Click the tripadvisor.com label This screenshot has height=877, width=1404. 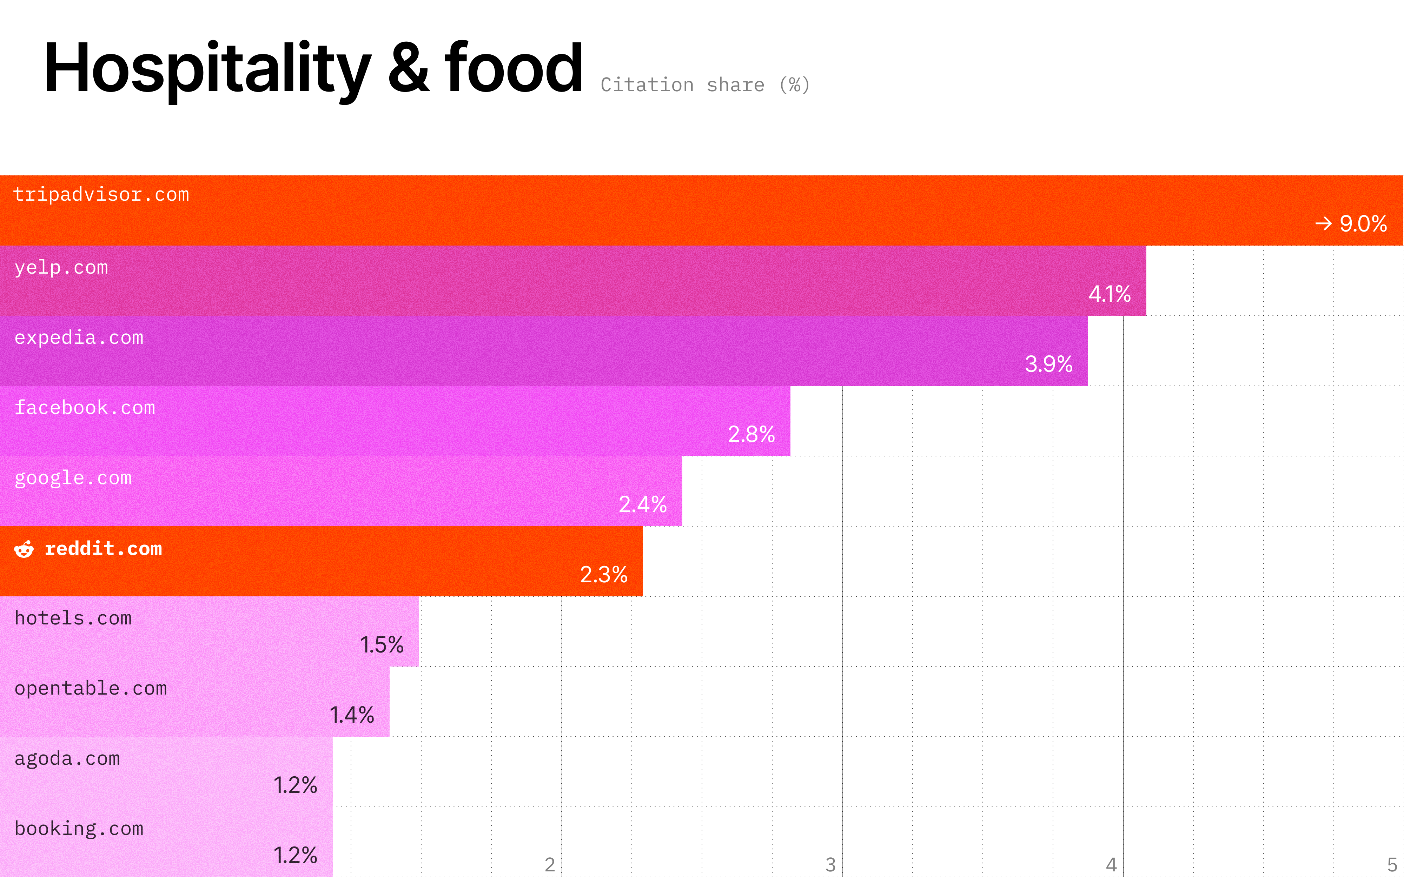tap(101, 194)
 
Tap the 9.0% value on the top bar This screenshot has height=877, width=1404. tap(1363, 224)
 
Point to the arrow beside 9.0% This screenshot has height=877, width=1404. tap(1323, 223)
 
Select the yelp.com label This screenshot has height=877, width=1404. tap(61, 267)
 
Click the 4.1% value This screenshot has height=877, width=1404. tap(1109, 294)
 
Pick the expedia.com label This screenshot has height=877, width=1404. tap(79, 337)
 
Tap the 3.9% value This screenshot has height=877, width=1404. tap(1048, 364)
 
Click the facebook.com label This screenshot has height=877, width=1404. tap(85, 408)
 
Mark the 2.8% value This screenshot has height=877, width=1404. tap(751, 434)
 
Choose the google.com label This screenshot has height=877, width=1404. tap(73, 478)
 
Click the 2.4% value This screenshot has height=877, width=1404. tap(642, 504)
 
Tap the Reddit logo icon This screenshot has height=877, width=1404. tap(24, 549)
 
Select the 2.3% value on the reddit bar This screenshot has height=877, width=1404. tap(603, 575)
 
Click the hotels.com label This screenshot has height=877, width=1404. tap(73, 618)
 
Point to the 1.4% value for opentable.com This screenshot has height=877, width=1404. tap(352, 715)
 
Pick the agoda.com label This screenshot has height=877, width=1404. tap(67, 759)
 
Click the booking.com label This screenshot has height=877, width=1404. tap(79, 829)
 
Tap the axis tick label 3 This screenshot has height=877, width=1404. tap(830, 865)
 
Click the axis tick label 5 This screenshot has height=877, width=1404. tap(1392, 865)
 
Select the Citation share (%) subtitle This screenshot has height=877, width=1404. tap(705, 85)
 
